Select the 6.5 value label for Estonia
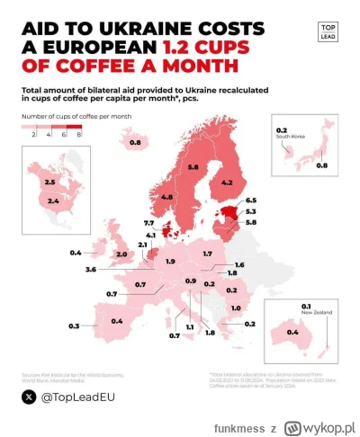(250, 201)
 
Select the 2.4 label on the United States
(53, 201)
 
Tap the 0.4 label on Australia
(292, 334)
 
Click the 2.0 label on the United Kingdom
(121, 254)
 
